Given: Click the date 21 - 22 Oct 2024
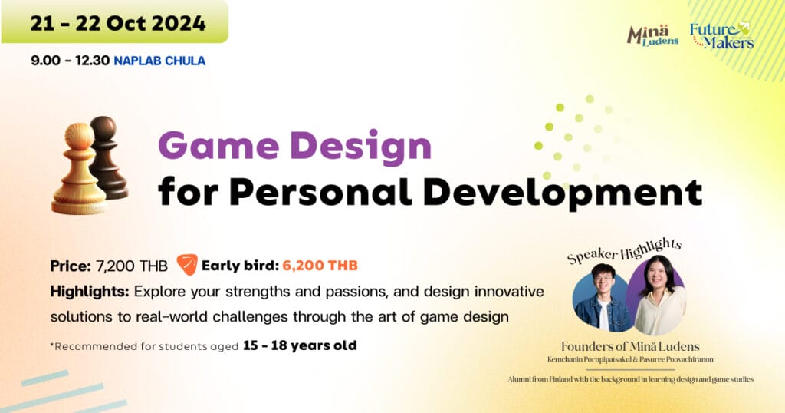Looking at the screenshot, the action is [x=118, y=24].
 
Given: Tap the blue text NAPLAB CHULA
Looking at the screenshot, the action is [x=159, y=61].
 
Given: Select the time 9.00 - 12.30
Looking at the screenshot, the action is [x=70, y=61].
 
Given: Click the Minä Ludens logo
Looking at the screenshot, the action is [x=652, y=35].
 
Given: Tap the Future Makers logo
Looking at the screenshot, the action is [x=721, y=35].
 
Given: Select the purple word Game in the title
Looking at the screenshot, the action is [x=218, y=146].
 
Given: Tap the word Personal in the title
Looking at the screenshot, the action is [x=320, y=191].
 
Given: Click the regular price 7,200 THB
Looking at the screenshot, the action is [x=131, y=266].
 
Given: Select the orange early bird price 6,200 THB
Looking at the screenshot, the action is [x=320, y=266].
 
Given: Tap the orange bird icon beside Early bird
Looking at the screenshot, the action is [x=187, y=264].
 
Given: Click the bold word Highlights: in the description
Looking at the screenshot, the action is [x=90, y=291].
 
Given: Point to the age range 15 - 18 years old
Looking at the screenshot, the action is [x=300, y=346].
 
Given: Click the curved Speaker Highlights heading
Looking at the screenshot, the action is [x=624, y=250].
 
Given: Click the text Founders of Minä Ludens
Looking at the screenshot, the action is [x=630, y=346].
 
